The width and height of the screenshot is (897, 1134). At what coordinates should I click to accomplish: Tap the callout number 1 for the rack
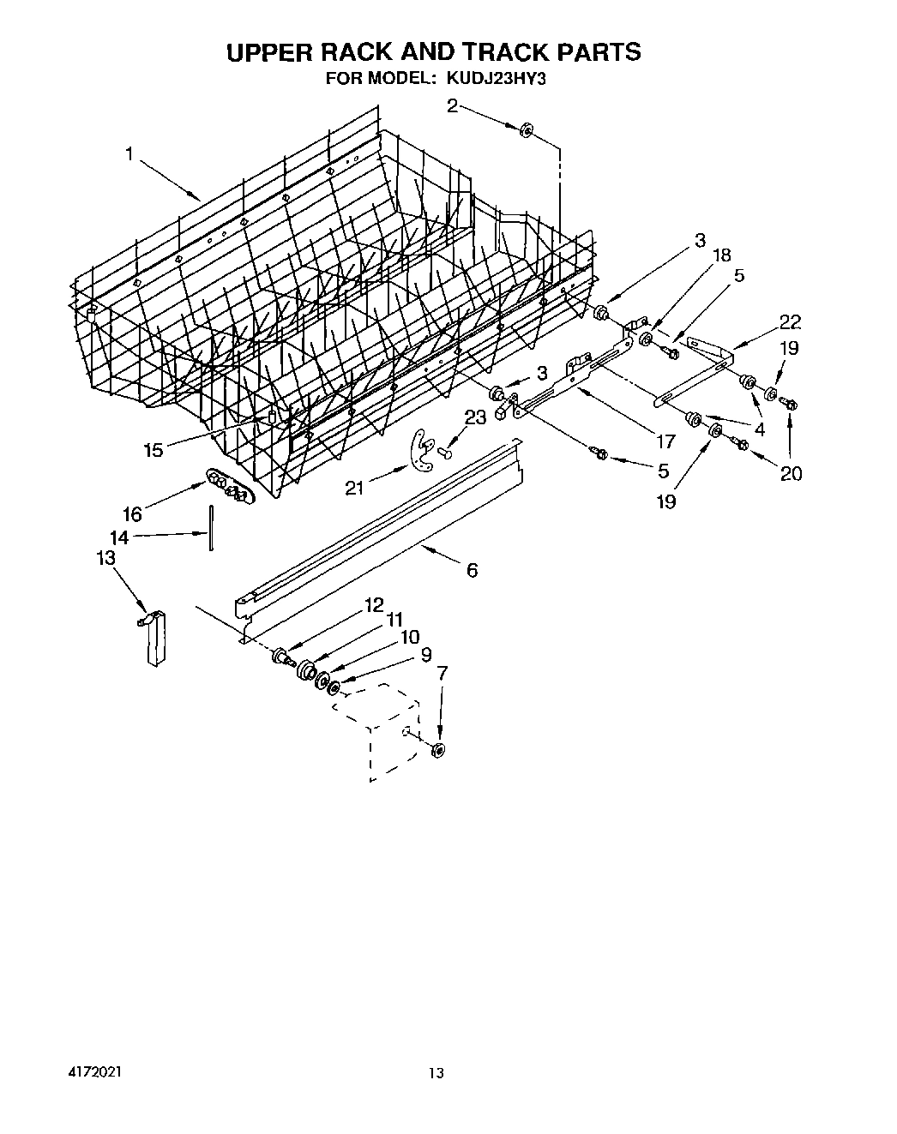coord(129,153)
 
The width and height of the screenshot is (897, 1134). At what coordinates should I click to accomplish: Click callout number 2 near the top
coord(452,106)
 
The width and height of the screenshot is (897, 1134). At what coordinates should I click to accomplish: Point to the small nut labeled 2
coord(527,129)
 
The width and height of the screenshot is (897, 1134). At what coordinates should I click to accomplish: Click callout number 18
coord(722,255)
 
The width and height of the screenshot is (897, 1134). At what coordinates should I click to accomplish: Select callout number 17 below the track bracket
coord(666,442)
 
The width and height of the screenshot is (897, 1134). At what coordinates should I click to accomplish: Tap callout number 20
coord(791,472)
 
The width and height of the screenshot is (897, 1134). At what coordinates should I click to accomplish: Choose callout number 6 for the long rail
coord(472,570)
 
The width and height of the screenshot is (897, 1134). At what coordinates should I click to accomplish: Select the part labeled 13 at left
coord(153,638)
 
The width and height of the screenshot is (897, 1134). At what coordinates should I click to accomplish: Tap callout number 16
coord(131,513)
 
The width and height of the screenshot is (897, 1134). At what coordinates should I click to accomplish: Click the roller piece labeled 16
coord(227,489)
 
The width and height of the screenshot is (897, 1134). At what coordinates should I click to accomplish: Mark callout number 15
coord(153,450)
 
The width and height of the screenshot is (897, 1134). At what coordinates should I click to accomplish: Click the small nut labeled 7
coord(438,751)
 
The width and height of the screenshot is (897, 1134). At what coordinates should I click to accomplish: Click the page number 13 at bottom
coord(437,1072)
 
